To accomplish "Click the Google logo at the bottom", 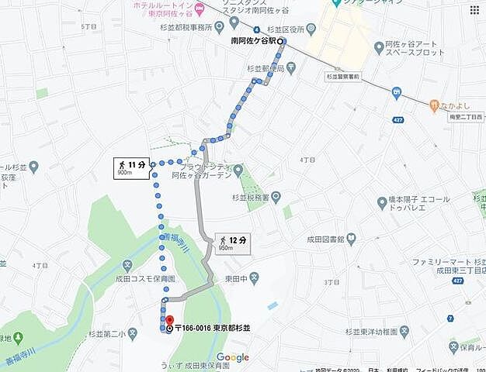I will click(232, 357).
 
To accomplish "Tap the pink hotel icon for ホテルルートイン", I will click(199, 8).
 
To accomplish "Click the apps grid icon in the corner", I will click(474, 9).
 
